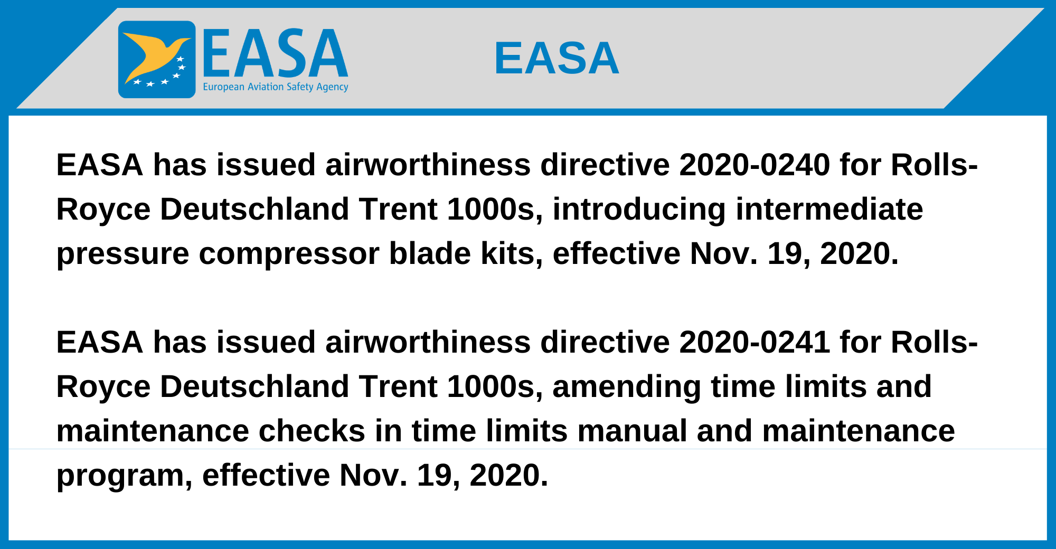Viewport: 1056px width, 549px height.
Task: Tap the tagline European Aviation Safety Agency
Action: click(276, 87)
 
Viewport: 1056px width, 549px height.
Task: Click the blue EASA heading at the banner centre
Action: click(557, 58)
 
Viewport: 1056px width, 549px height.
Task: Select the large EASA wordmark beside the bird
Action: click(275, 53)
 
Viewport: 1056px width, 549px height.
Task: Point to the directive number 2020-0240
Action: click(755, 165)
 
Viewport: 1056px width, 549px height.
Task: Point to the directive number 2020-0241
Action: click(755, 342)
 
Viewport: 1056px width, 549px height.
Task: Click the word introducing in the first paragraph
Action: click(639, 210)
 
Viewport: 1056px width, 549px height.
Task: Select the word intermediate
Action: click(829, 209)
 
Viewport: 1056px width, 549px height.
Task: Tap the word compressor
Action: click(289, 254)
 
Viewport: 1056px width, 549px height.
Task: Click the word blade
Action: click(430, 253)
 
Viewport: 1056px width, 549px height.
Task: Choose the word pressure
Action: click(122, 254)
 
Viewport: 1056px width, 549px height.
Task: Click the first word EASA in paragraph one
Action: click(100, 165)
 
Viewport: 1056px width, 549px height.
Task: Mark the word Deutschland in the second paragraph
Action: click(254, 386)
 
